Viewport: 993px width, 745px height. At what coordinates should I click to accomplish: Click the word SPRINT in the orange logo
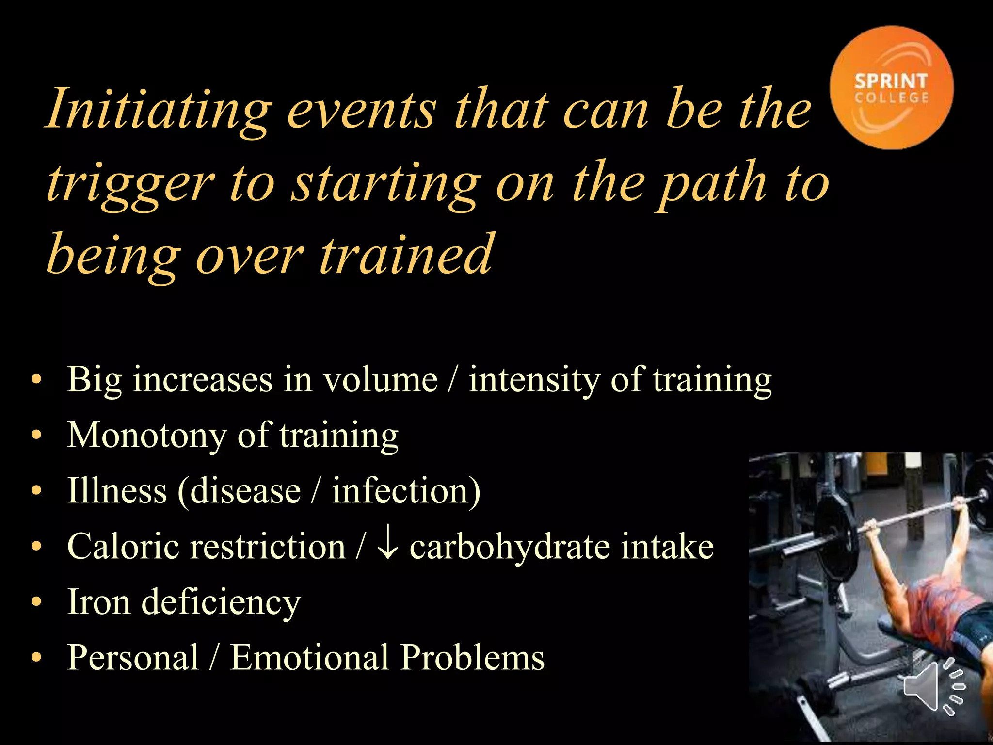[891, 81]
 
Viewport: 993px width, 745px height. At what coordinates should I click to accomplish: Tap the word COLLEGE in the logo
[891, 98]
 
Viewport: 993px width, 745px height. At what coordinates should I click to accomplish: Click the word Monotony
[147, 436]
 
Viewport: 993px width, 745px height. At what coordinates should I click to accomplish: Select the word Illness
[117, 490]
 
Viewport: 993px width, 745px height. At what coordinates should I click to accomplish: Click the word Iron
[98, 602]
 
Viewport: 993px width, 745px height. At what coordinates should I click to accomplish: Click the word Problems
[473, 658]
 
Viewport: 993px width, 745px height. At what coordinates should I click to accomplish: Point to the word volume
[381, 380]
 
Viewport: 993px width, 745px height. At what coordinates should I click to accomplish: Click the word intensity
[534, 380]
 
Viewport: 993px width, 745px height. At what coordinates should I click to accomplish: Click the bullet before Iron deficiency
[36, 602]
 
